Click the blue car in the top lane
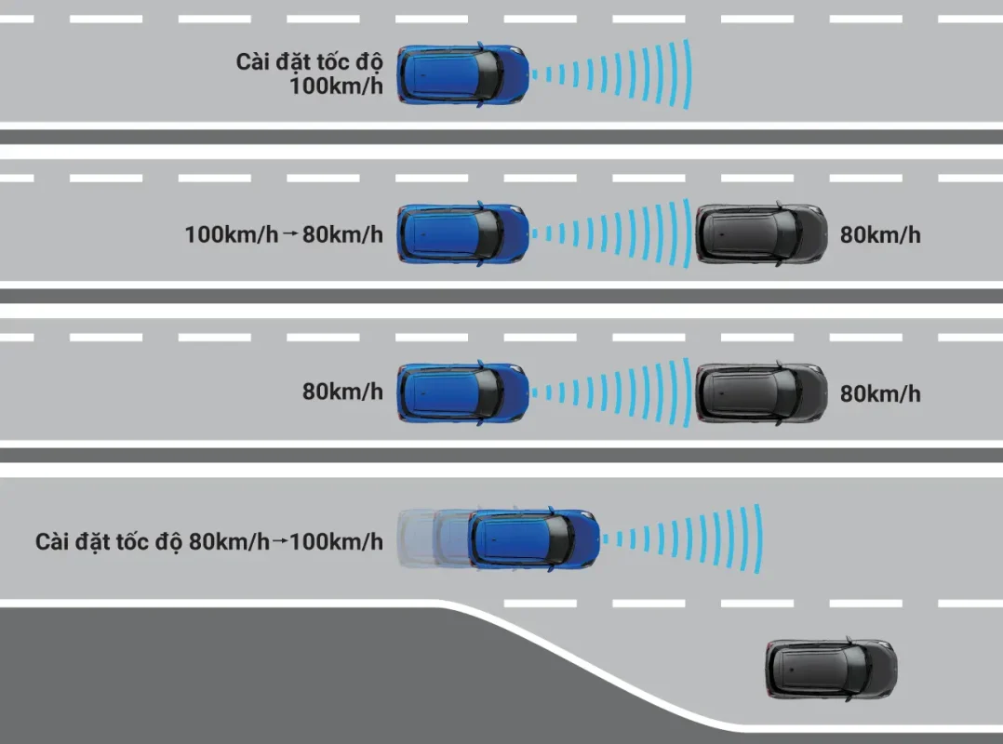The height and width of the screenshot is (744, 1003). point(463,74)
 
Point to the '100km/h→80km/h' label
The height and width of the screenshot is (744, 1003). point(284,234)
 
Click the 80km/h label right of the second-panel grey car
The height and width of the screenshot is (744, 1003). point(880,234)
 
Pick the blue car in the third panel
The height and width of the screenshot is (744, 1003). point(463,393)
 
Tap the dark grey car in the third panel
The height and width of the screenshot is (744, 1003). point(761,393)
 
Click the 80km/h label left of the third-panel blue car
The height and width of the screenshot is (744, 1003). point(342,392)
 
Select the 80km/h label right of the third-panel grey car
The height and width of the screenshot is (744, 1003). point(880,393)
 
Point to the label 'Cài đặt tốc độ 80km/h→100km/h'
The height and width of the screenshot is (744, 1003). point(209,541)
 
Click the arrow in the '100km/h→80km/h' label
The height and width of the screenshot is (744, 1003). point(289,235)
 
